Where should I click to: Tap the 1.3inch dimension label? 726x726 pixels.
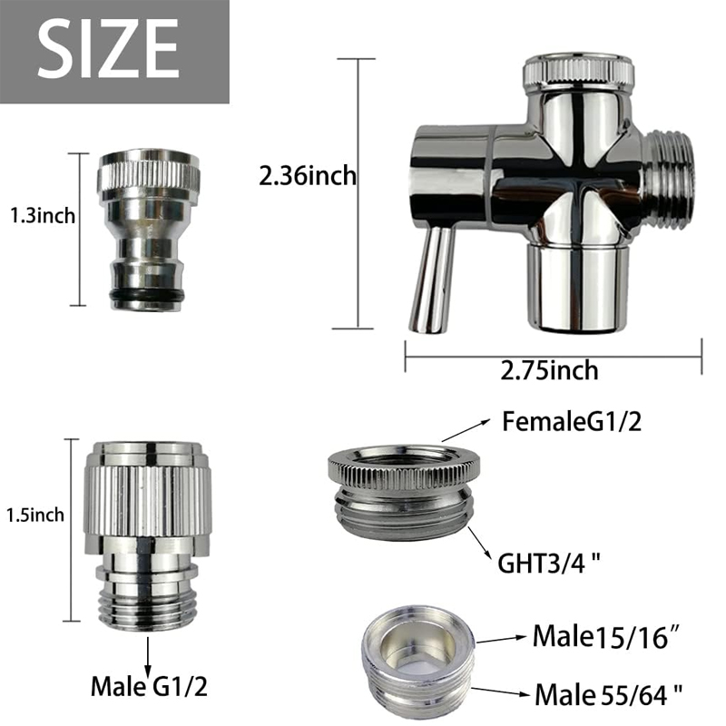[x=43, y=216]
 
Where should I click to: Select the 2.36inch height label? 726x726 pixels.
[x=308, y=176]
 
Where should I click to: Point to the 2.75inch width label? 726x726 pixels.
[x=549, y=370]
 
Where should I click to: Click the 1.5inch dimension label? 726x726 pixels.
[x=35, y=515]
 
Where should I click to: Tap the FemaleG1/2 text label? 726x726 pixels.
[x=572, y=422]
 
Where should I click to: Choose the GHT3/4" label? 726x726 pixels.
[x=549, y=563]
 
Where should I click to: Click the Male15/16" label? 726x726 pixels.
[x=606, y=637]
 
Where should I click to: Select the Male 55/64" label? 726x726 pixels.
[x=608, y=694]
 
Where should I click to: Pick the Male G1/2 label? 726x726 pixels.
[x=149, y=686]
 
